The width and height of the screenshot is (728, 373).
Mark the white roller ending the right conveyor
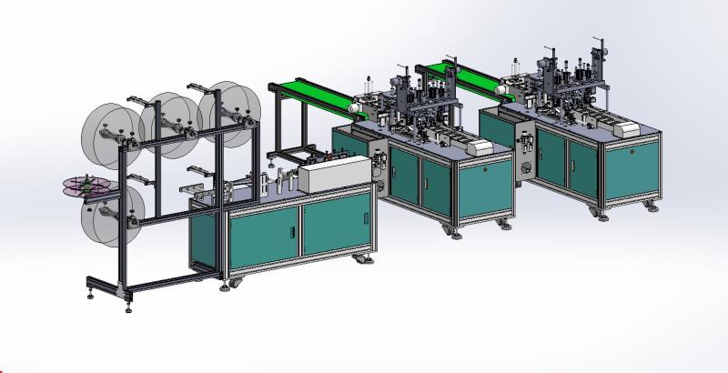coord(509,92)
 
